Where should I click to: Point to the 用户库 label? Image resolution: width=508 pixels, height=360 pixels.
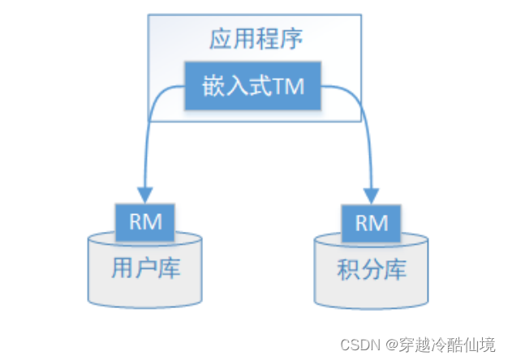coord(146,268)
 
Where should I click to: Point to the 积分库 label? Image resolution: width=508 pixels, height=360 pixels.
coord(372,270)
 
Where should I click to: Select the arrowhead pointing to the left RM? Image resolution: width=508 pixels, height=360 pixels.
coord(145,195)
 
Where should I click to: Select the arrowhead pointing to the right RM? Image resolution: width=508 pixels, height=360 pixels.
coord(371,195)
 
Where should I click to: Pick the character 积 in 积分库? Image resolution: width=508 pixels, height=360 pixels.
coord(349,270)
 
